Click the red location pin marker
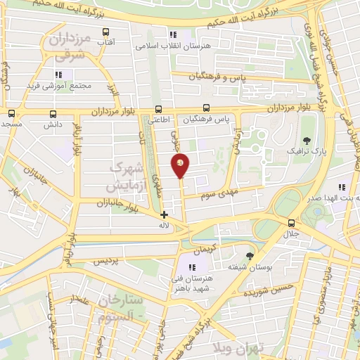pos(181,166)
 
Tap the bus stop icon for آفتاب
pos(106,32)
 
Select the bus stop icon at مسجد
pos(11,112)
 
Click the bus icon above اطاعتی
pos(159,109)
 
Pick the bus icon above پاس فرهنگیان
pos(206,108)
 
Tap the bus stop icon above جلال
pos(291,223)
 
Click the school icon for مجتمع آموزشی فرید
pos(59,75)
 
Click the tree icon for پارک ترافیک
pos(306,141)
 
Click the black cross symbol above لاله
pos(164,214)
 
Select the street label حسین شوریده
pos(276,284)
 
